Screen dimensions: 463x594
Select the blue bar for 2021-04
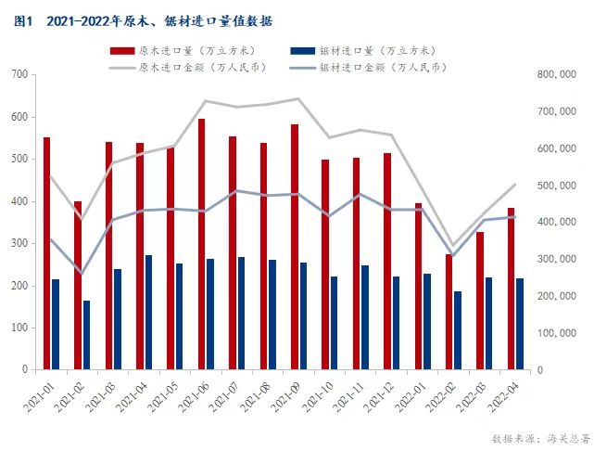148,312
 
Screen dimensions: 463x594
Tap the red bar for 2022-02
449,312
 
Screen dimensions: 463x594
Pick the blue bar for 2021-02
86,335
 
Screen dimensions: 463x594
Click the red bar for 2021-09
295,247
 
